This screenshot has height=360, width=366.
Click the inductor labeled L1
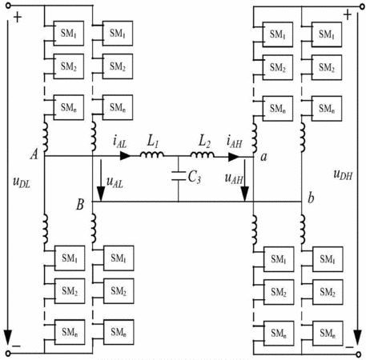(151, 154)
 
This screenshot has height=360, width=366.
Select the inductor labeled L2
(202, 154)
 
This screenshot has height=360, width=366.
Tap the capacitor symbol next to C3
(179, 176)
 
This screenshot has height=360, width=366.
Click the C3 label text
(195, 177)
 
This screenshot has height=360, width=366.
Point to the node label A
(34, 154)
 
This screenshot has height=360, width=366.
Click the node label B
(80, 205)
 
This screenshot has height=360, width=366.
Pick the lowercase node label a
(263, 157)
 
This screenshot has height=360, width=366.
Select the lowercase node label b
(311, 198)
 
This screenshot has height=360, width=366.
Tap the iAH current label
(234, 142)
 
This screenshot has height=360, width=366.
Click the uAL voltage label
(115, 182)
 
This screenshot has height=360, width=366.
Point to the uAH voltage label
(234, 178)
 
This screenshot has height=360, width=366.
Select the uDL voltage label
(22, 182)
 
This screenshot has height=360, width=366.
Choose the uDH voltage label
(343, 174)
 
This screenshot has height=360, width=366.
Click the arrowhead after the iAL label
(126, 156)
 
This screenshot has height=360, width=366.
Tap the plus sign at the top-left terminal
(18, 18)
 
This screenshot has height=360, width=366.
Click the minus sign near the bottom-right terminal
(349, 347)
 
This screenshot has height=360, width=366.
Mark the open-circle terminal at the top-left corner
(8, 6)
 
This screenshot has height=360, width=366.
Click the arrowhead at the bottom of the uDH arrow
(357, 337)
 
